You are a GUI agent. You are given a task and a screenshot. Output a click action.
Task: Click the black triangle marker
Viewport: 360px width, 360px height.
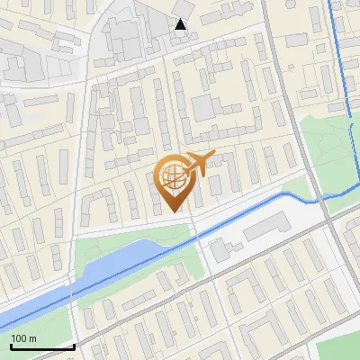tap(181, 24)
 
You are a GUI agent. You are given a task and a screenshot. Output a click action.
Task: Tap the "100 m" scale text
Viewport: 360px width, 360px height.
tap(23, 338)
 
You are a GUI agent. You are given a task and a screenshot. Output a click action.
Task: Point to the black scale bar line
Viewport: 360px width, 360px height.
tap(41, 346)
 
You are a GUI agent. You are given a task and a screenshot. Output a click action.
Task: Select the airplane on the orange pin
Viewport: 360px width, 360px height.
tap(198, 163)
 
